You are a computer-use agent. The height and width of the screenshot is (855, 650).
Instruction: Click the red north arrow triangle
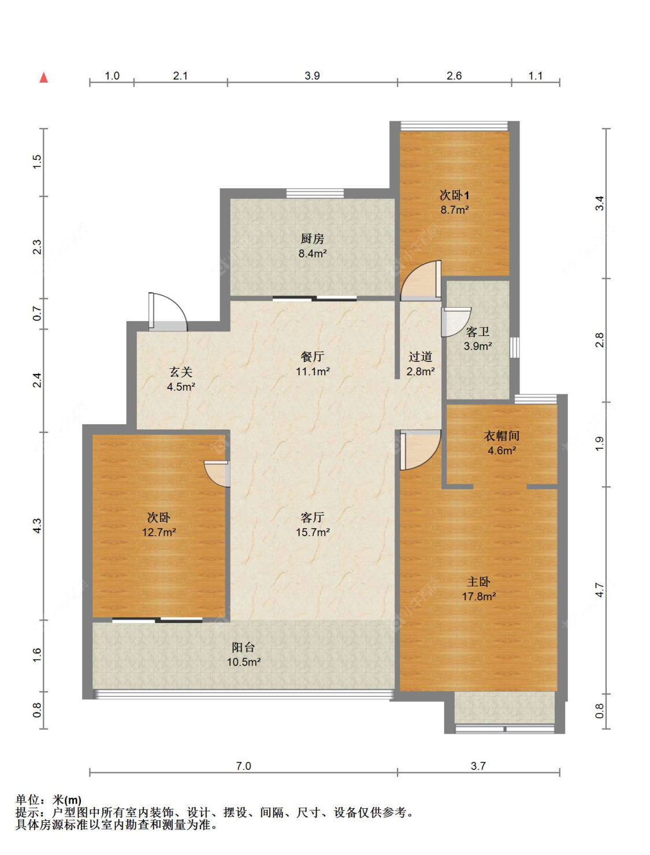tap(44, 78)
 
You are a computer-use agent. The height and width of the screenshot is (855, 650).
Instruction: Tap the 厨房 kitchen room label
tap(312, 238)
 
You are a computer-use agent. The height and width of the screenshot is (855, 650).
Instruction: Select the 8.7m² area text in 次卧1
tap(454, 210)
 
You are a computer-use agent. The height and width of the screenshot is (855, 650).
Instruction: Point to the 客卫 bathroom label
tap(477, 332)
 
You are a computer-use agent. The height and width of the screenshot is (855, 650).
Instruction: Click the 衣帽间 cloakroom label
tap(501, 436)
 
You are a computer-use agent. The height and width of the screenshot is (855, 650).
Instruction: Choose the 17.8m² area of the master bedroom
tap(479, 596)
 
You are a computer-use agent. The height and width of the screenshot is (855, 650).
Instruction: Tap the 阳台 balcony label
tap(243, 647)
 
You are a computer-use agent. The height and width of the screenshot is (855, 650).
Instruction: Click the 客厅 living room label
tap(312, 518)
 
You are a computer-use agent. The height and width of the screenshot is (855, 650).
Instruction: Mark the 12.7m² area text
tap(159, 532)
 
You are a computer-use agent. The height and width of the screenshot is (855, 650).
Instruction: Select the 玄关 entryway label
tap(181, 372)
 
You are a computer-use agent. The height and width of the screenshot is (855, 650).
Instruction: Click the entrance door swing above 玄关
tap(168, 312)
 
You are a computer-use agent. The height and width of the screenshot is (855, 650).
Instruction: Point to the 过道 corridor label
tap(421, 356)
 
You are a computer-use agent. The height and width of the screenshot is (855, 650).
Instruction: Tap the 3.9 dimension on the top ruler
tap(312, 76)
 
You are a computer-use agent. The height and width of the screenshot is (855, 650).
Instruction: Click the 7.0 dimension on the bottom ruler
tap(243, 766)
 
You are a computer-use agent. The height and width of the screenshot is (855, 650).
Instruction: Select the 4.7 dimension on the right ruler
tap(600, 590)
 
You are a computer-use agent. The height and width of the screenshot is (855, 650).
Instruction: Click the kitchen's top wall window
tap(315, 193)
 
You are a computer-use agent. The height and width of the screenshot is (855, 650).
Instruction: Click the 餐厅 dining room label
tap(312, 356)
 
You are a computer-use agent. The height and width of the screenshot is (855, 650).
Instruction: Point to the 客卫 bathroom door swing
tap(456, 322)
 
